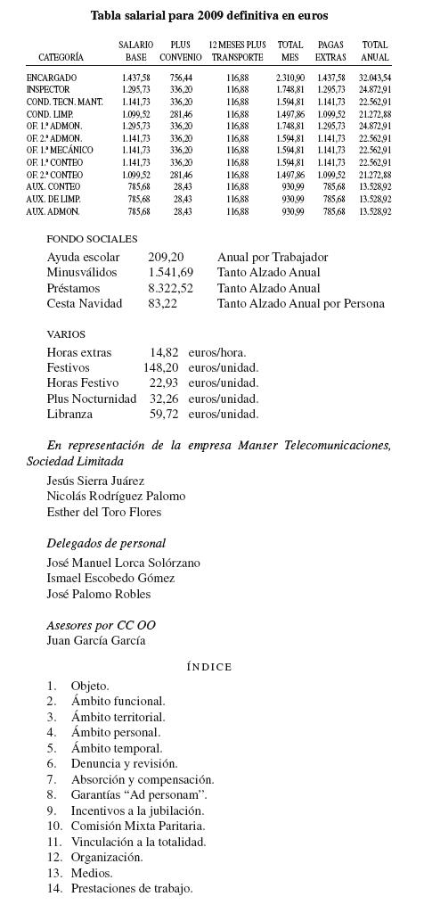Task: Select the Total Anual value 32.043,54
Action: (x=374, y=78)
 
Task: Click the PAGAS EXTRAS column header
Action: (x=330, y=51)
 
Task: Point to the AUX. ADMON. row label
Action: (x=53, y=211)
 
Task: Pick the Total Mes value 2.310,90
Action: (x=289, y=78)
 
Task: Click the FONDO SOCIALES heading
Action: (x=92, y=240)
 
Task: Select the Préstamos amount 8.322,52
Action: (x=170, y=288)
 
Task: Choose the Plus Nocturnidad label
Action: (x=91, y=399)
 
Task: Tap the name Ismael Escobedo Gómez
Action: (x=110, y=579)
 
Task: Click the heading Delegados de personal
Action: (x=106, y=543)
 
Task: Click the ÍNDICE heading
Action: (x=209, y=667)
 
